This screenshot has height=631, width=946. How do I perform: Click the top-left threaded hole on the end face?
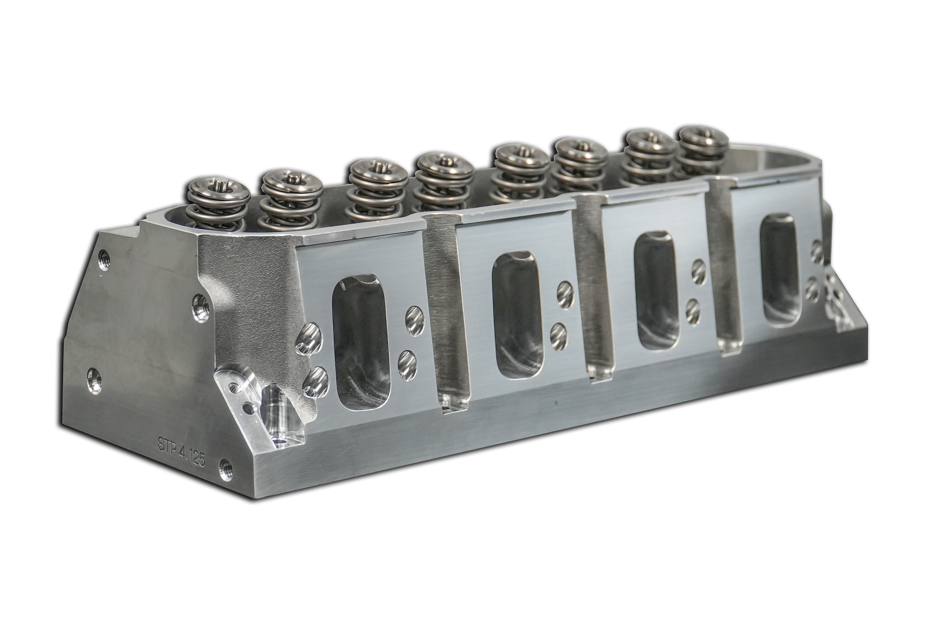pos(102,258)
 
